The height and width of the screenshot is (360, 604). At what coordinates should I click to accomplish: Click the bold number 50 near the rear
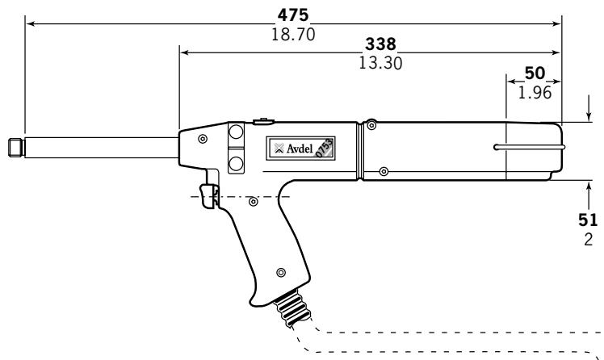(535, 73)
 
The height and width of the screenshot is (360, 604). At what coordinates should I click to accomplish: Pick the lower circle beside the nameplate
(236, 163)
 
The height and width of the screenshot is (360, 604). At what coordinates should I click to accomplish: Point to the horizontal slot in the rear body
(529, 148)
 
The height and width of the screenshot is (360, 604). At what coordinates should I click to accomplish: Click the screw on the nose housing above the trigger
(201, 140)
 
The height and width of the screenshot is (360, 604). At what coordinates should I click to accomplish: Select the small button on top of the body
(261, 122)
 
